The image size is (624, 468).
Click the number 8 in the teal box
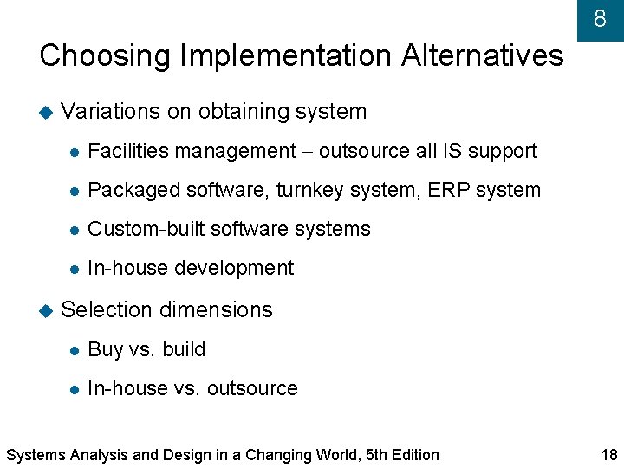[600, 19]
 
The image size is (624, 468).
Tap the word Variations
[110, 112]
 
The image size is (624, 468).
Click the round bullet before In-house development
[75, 269]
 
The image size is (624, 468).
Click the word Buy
[106, 350]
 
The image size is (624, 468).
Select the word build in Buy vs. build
[184, 349]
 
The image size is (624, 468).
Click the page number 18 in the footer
[608, 455]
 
